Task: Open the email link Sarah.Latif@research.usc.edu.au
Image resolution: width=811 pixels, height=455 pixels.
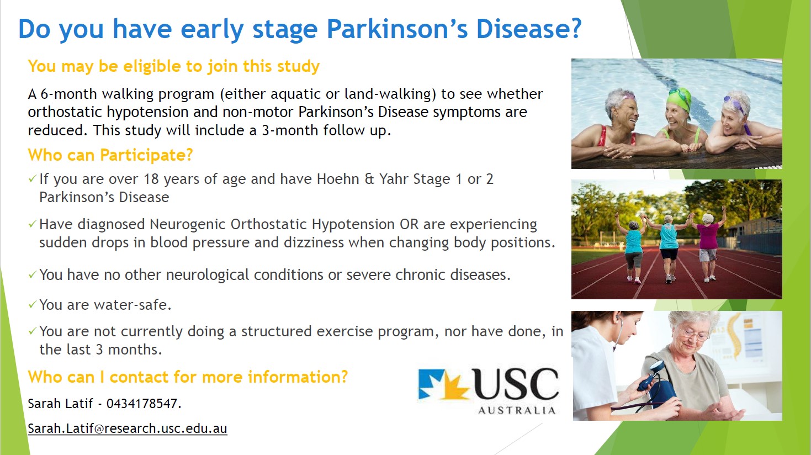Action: click(128, 428)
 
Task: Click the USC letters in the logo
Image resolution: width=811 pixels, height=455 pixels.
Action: click(515, 384)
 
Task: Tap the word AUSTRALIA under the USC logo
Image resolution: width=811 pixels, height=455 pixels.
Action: click(517, 410)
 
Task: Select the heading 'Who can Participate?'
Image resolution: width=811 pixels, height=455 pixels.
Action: click(110, 155)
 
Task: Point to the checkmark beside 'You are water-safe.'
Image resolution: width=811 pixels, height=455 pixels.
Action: click(32, 304)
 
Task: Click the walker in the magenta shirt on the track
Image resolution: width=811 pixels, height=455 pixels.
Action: click(707, 247)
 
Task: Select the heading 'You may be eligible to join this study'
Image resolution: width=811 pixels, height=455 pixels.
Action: click(174, 66)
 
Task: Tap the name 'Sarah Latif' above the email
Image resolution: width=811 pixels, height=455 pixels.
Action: click(61, 404)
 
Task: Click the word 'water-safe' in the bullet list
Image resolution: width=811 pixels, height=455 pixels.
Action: click(132, 305)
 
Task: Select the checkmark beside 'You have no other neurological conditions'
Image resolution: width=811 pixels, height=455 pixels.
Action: click(32, 274)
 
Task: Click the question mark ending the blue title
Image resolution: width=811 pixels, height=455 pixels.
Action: click(574, 28)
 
